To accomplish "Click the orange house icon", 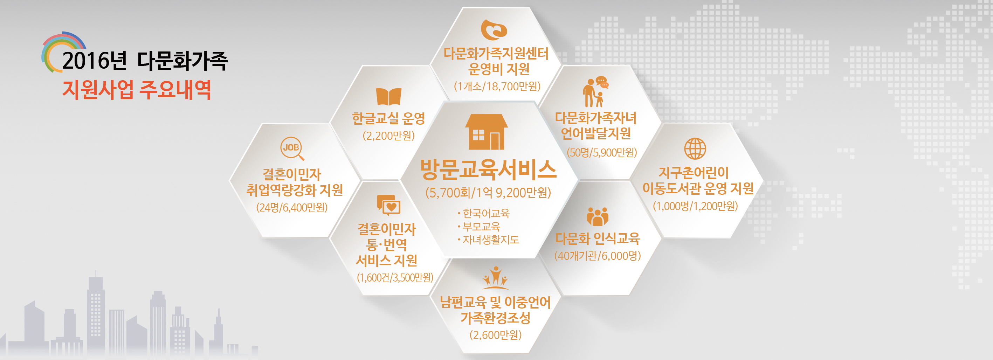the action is (x=486, y=132).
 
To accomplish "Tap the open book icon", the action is (x=388, y=96).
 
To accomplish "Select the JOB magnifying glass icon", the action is (x=292, y=148).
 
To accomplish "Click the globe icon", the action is (x=695, y=148).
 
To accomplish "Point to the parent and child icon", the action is (x=595, y=92).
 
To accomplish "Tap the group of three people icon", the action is (x=597, y=217).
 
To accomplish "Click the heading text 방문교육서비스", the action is (x=488, y=169).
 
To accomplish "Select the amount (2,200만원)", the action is (x=388, y=136).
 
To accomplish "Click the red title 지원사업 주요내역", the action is (x=137, y=90).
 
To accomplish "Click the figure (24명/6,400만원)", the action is (x=292, y=207).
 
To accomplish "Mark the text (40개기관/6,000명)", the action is (x=598, y=256).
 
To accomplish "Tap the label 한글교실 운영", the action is (x=388, y=118).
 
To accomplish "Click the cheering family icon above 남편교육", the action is (x=495, y=277).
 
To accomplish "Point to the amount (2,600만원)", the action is (x=495, y=334).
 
